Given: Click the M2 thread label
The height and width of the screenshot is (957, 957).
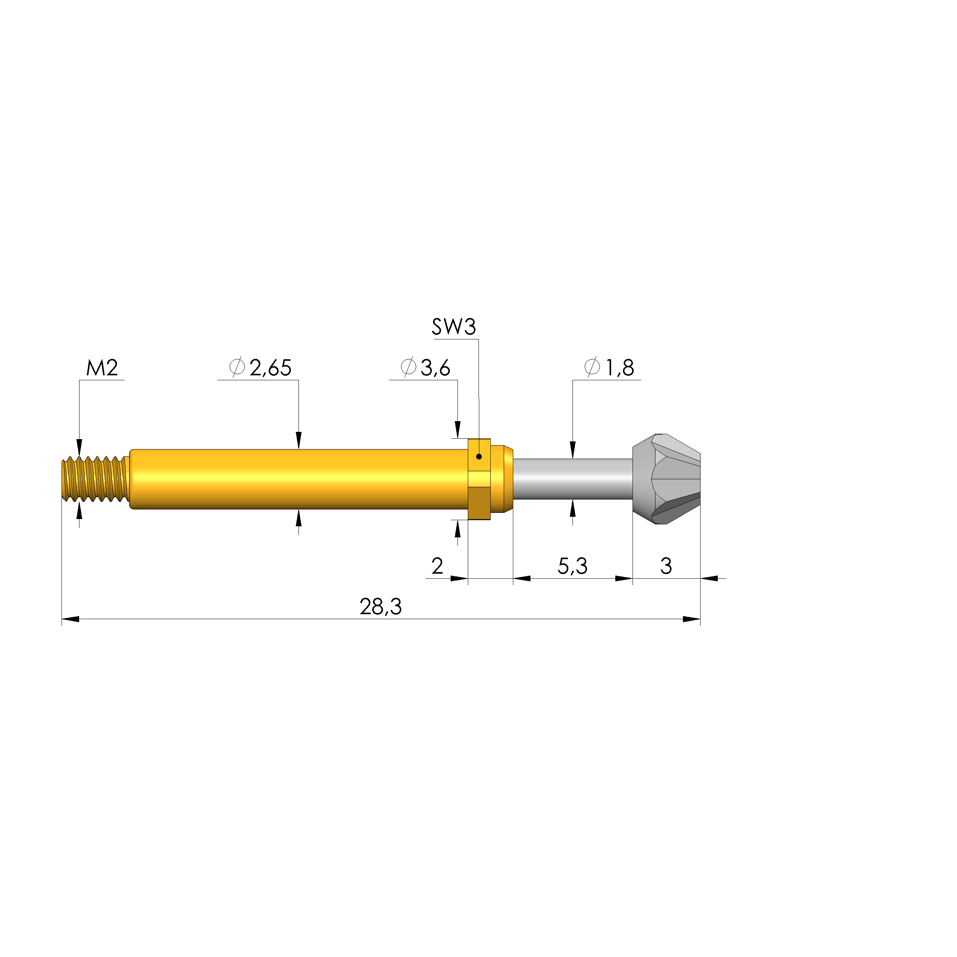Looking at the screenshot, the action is click(102, 368).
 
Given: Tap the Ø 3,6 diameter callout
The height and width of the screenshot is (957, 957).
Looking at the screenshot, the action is click(425, 368).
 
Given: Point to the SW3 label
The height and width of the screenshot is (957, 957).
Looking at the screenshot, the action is click(454, 327).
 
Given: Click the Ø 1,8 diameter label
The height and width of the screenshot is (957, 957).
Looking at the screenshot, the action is click(609, 368).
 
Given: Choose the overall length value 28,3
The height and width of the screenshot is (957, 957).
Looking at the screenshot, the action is click(380, 607).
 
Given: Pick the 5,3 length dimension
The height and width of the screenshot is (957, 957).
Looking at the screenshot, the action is click(573, 566).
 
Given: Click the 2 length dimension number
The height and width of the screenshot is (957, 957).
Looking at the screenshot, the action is click(437, 566).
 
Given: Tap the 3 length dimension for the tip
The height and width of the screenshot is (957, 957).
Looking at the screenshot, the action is click(666, 566).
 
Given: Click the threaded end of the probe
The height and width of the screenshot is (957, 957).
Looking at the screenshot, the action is click(94, 479).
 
